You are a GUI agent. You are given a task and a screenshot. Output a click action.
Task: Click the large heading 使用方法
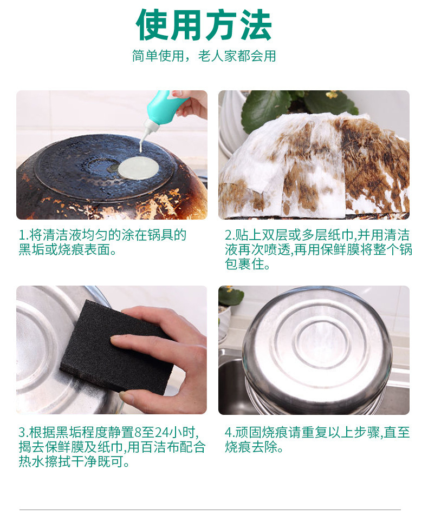click(x=204, y=25)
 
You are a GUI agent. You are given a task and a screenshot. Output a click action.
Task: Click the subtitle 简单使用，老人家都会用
click(x=204, y=56)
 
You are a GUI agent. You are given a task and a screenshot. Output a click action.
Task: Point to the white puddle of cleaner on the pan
click(x=138, y=168)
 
